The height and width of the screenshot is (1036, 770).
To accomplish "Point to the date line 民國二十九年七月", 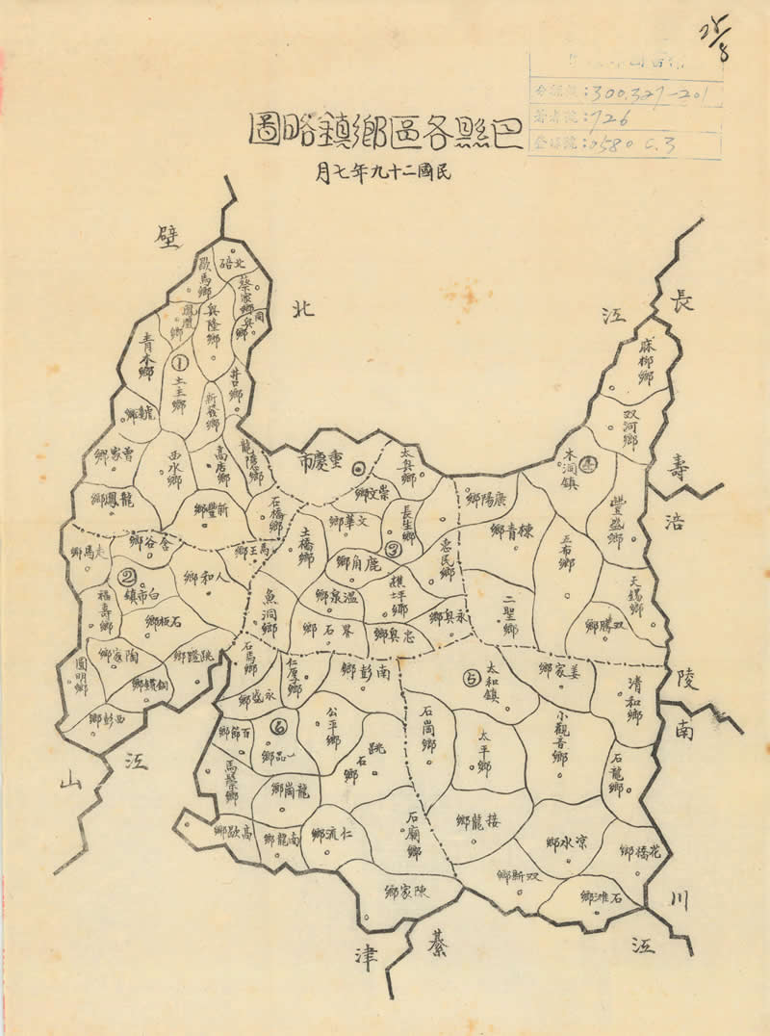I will (384, 174).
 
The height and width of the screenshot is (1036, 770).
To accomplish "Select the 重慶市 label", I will (321, 462).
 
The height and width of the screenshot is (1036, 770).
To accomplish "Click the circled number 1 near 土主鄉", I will (180, 364).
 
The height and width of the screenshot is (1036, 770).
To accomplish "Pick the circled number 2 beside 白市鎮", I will (126, 578).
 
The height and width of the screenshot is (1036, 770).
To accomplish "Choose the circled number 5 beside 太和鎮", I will (470, 677).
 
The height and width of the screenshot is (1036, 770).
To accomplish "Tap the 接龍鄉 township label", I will (478, 821).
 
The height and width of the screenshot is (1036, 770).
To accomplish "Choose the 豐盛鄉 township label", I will (616, 521).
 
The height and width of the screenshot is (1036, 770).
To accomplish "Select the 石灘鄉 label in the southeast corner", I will (602, 897).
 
